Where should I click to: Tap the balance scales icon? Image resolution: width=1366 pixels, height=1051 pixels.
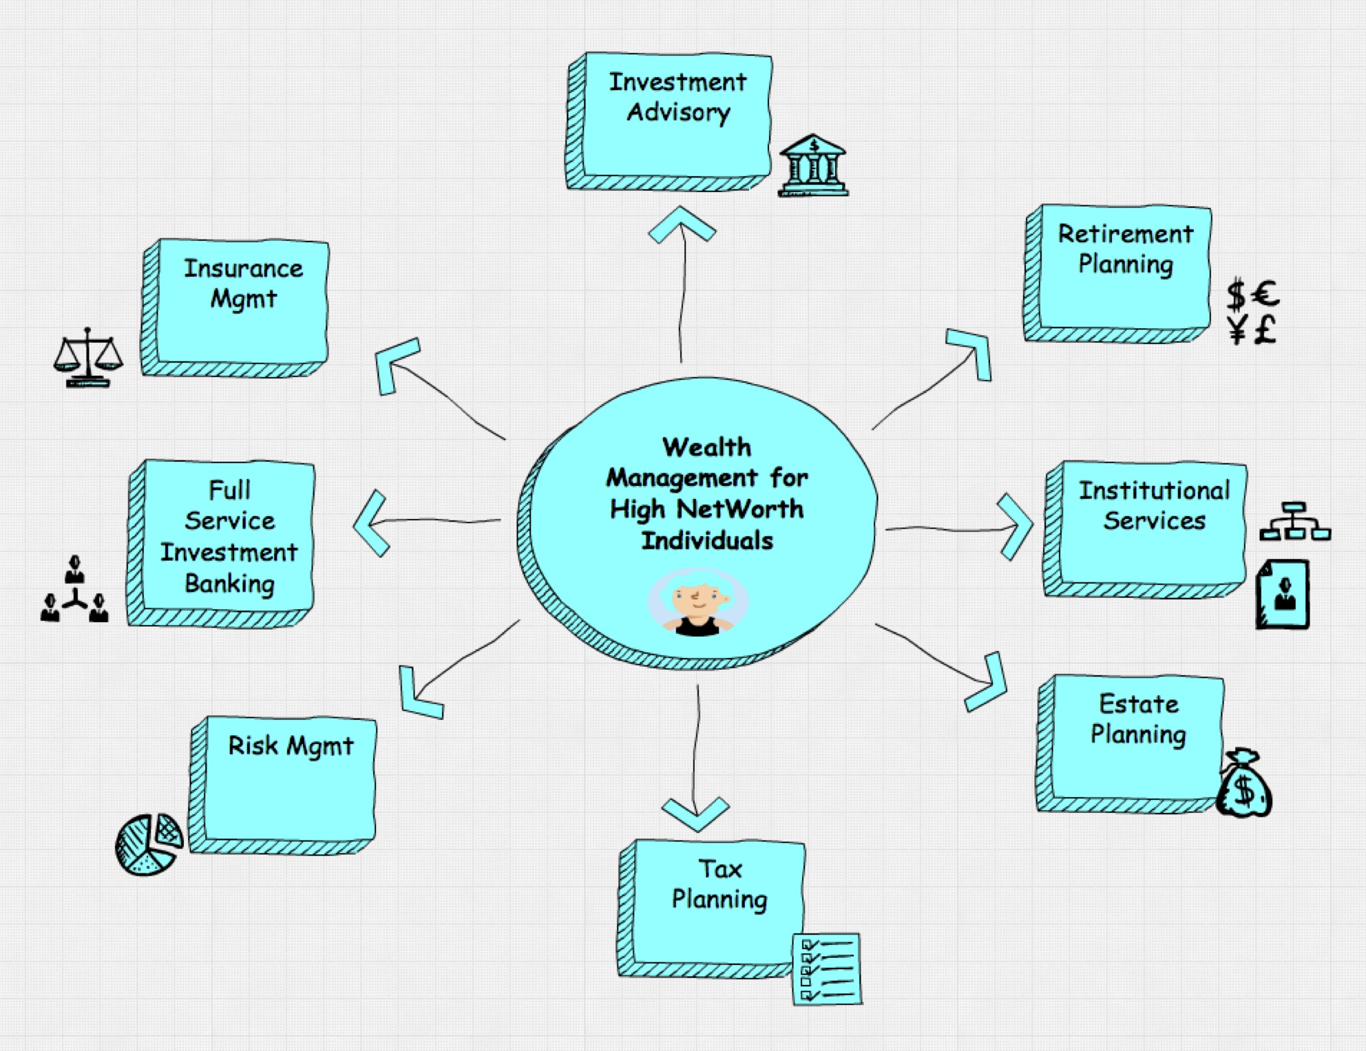[88, 357]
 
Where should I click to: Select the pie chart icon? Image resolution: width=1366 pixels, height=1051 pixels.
[149, 844]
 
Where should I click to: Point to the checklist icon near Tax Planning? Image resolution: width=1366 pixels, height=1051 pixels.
[826, 968]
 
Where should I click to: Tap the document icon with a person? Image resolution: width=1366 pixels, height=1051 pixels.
[1283, 594]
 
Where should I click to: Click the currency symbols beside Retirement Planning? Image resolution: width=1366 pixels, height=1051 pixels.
[1252, 312]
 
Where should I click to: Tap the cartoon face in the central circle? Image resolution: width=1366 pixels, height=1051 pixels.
[697, 602]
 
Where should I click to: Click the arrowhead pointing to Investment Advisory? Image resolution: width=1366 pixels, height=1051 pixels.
[682, 224]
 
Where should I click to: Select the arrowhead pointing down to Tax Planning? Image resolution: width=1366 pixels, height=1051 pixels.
[695, 813]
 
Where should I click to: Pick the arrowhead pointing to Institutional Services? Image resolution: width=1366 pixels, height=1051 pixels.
[1016, 527]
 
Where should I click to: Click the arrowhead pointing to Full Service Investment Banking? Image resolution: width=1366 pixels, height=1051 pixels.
[371, 523]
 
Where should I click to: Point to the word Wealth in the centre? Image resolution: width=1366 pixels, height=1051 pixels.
[706, 447]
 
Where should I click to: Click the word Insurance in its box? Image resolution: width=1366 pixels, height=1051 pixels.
[243, 268]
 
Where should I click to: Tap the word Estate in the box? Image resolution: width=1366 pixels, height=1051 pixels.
[1139, 704]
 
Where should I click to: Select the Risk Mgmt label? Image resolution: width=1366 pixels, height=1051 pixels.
[291, 745]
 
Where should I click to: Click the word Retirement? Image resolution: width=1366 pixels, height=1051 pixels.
[1125, 234]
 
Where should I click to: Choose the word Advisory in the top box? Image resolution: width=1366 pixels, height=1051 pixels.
[678, 112]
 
